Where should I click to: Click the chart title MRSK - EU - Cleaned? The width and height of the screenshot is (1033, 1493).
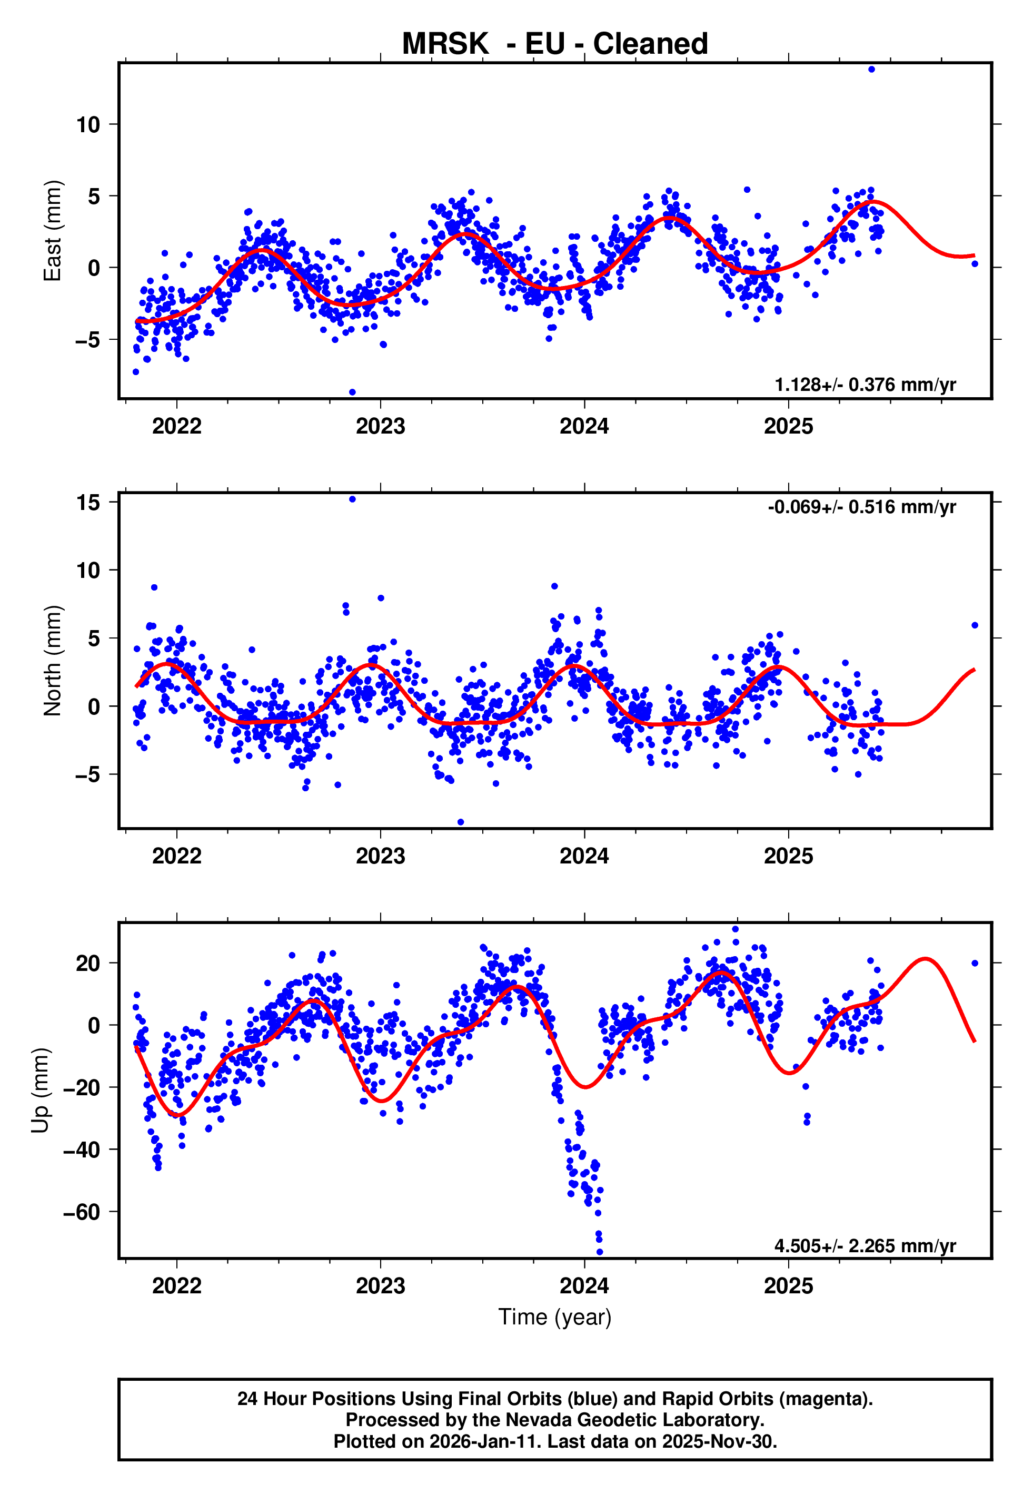555,44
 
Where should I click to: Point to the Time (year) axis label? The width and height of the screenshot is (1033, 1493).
555,1317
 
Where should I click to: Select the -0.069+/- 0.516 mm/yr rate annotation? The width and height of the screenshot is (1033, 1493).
861,507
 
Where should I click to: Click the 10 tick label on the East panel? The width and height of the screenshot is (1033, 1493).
88,124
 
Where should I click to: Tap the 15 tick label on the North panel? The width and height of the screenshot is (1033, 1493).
88,503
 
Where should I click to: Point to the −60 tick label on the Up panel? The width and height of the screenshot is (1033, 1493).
82,1211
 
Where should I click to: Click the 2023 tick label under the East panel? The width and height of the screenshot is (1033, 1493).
381,426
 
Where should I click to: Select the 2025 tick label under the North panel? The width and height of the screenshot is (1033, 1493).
788,856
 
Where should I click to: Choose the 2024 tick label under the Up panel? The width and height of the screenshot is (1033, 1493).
584,1285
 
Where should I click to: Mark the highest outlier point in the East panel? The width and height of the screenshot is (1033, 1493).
871,69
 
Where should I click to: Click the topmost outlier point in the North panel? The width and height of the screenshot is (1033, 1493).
352,499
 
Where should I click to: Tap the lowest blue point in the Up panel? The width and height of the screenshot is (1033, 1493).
599,1252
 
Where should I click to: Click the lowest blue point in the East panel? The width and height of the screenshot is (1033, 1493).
352,392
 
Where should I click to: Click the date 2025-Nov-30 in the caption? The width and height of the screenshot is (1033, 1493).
722,1441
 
